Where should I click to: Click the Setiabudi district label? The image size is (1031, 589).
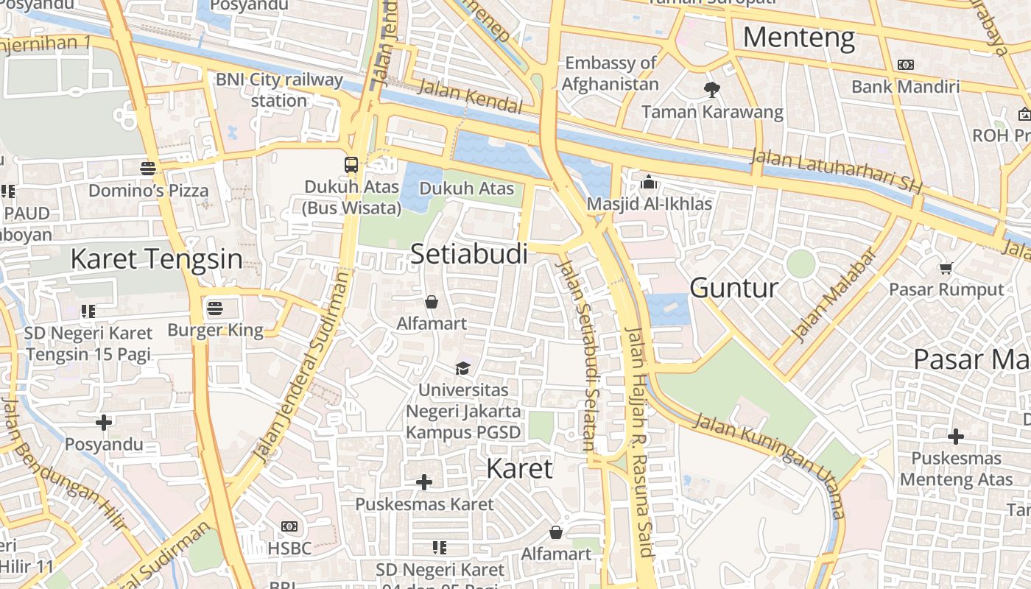point(469,254)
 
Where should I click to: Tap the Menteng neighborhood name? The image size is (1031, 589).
point(799,37)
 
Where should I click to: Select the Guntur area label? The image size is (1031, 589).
point(734,288)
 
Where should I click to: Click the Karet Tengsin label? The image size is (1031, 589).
point(156,259)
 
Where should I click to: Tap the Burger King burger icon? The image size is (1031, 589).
point(215,308)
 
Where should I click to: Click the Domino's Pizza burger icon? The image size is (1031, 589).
point(148,168)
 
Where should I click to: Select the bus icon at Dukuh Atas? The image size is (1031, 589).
point(351,165)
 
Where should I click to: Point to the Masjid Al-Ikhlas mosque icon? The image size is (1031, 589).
point(649,181)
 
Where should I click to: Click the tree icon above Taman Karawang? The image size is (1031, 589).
point(711,90)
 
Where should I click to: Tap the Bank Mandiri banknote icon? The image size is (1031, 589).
point(906,65)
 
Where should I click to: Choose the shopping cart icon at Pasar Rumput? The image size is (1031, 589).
point(946,268)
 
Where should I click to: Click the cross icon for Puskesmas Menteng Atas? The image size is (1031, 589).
point(955,437)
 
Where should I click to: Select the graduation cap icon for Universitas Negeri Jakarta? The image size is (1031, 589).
point(462,367)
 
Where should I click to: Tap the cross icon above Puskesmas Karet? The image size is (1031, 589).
point(424,482)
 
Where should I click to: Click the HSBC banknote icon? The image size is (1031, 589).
point(289,526)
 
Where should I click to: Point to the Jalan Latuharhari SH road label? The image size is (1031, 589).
point(837,171)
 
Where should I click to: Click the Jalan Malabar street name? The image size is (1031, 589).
point(835,294)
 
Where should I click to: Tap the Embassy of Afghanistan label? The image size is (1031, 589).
point(610,74)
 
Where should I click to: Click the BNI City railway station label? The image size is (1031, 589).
point(279,90)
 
